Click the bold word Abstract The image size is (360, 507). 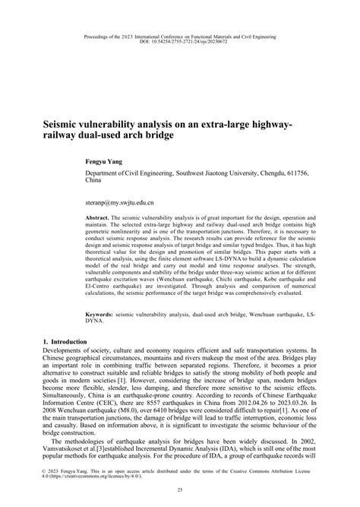pos(99,217)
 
